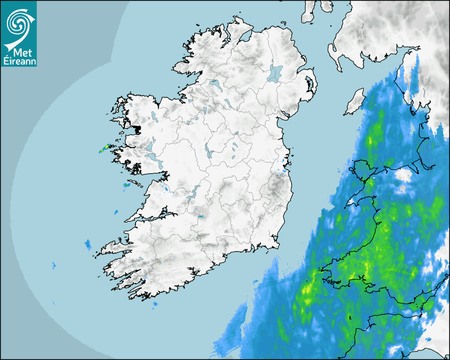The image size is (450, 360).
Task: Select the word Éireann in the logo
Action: coord(19,61)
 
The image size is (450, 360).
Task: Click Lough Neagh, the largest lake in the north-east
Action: coord(275,73)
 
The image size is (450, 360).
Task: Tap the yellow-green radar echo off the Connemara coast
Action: coord(103,150)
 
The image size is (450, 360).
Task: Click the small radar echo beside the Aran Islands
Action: coord(127,185)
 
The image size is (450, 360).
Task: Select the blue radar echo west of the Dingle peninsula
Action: coord(87,244)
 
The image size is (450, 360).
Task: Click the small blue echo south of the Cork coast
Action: coord(155,305)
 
